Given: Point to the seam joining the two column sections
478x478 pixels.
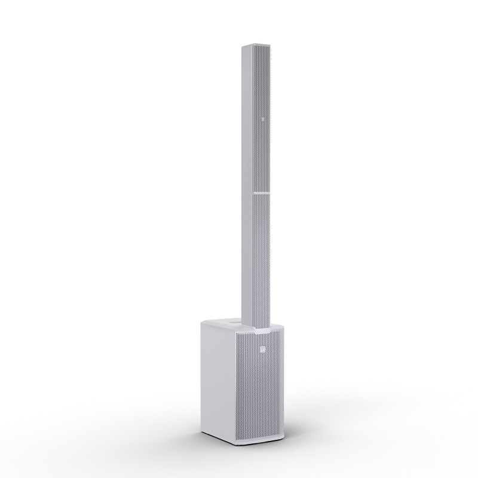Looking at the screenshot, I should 258,193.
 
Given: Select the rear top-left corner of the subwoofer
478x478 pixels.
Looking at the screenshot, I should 203,321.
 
